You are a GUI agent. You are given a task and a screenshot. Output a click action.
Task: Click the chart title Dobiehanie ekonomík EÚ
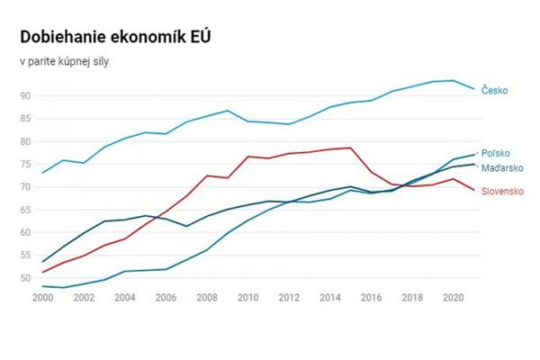tap(114, 37)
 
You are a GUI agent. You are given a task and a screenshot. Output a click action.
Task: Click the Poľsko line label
tap(498, 154)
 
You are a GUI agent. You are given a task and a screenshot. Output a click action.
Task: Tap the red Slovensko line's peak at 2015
tap(350, 148)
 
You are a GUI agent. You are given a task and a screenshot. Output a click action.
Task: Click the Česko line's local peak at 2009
tap(227, 111)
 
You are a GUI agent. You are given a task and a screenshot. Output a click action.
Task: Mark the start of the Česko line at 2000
tap(42, 172)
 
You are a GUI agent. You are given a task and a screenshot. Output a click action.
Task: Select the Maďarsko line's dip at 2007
tap(185, 226)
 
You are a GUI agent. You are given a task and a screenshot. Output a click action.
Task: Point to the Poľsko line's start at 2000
tap(42, 286)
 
